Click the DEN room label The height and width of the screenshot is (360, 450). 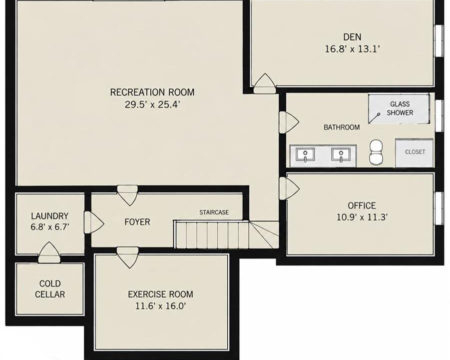coord(352,37)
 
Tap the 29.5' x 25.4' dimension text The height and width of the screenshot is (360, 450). coord(152,104)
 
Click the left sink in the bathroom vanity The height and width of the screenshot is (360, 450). coord(305,155)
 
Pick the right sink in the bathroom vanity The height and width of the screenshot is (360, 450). coord(341,155)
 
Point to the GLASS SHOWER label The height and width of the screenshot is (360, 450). coord(400,108)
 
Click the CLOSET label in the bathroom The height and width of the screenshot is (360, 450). coord(415,152)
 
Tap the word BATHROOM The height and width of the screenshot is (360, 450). coord(342,127)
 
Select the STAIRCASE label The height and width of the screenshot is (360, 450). coord(214,212)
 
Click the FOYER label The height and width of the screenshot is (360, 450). coord(137,222)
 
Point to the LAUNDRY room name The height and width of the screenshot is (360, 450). coord(49,216)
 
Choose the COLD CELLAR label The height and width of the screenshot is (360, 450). coord(50,288)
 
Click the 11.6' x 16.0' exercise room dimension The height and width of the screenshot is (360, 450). coord(160,306)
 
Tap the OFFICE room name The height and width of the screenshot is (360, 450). coord(362,205)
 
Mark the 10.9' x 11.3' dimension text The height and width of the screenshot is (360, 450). coord(362,217)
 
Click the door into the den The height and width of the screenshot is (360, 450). coord(264,83)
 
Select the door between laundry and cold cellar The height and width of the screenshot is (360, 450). coord(49,252)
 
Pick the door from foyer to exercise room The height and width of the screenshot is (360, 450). coord(127,257)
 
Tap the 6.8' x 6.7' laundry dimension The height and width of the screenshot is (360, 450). coord(49,227)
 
